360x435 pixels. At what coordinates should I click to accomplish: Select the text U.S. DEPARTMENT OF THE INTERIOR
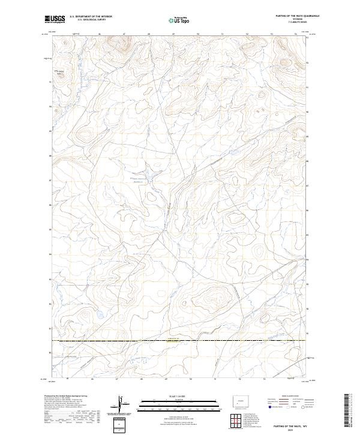(91, 17)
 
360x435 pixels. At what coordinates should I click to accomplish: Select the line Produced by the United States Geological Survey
(66, 397)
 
